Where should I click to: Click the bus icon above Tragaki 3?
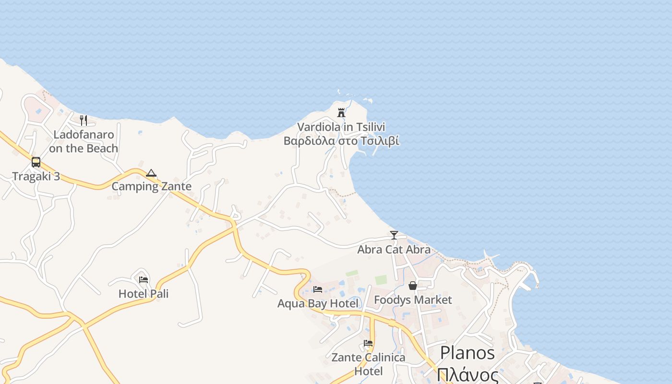(x=36, y=162)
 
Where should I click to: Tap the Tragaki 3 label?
(x=36, y=176)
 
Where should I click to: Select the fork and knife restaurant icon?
(x=84, y=120)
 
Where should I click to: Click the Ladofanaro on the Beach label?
(x=84, y=142)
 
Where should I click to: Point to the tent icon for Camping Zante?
(x=151, y=173)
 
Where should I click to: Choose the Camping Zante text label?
(x=151, y=186)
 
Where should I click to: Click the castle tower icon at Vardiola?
(x=341, y=113)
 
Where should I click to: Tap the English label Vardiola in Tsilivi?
(x=341, y=127)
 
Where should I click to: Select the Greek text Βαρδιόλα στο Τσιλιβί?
(x=341, y=141)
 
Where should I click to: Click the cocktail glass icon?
(x=394, y=235)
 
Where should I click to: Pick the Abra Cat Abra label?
(x=394, y=250)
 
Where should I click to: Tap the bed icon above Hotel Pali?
(x=144, y=280)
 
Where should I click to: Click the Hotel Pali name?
(x=144, y=294)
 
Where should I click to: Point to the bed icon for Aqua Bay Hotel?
(x=318, y=289)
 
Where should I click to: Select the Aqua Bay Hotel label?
(x=318, y=303)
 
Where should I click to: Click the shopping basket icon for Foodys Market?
(x=413, y=286)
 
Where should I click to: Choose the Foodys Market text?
(x=413, y=300)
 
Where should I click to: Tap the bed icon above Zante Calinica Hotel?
(x=368, y=343)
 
